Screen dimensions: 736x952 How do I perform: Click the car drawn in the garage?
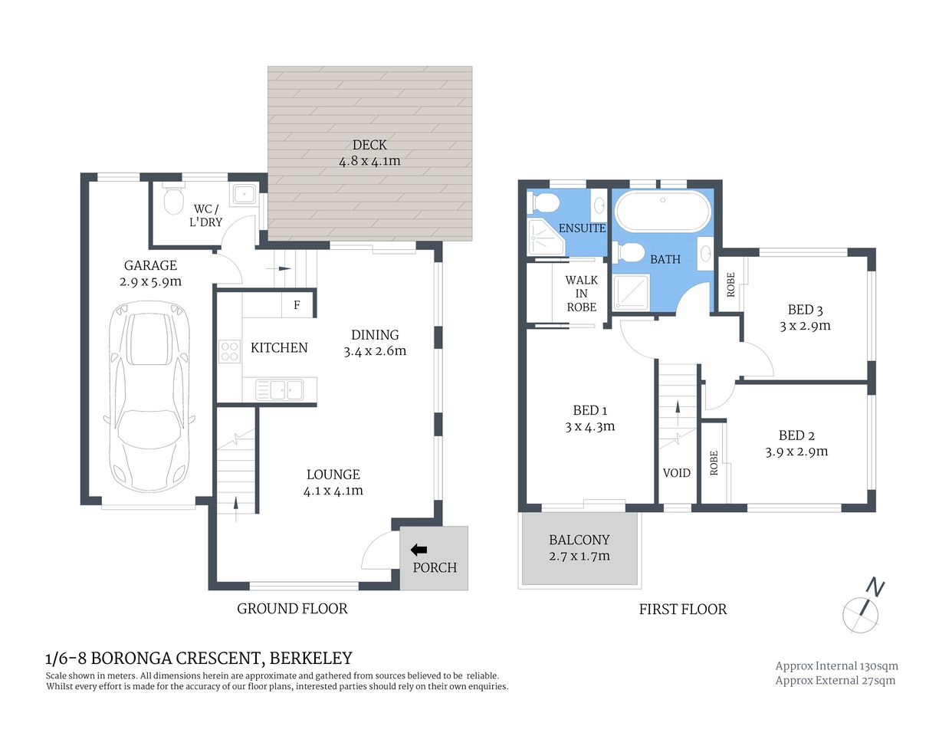click(149, 397)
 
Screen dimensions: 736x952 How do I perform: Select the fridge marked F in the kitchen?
click(297, 305)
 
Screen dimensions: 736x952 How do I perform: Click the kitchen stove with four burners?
click(229, 351)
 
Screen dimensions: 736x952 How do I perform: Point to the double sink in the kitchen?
click(281, 390)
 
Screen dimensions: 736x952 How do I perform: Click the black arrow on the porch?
click(419, 550)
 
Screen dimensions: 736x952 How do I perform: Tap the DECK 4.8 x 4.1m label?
click(369, 153)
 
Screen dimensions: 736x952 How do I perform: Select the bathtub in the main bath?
click(662, 211)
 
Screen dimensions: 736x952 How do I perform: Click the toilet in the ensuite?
click(545, 203)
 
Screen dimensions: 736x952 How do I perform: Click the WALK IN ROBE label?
click(581, 294)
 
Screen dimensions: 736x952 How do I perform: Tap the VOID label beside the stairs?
click(676, 473)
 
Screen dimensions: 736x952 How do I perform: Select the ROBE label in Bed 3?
click(730, 285)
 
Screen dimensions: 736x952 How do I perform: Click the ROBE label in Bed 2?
click(714, 463)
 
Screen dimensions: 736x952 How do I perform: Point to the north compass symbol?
click(862, 609)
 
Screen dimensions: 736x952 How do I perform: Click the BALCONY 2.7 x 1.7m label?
click(579, 548)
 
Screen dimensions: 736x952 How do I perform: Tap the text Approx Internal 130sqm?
click(836, 666)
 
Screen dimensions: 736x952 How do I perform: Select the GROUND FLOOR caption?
click(292, 609)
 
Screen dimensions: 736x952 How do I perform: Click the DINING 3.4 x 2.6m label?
click(375, 343)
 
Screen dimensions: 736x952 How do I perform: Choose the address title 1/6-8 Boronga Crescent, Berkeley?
click(199, 659)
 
